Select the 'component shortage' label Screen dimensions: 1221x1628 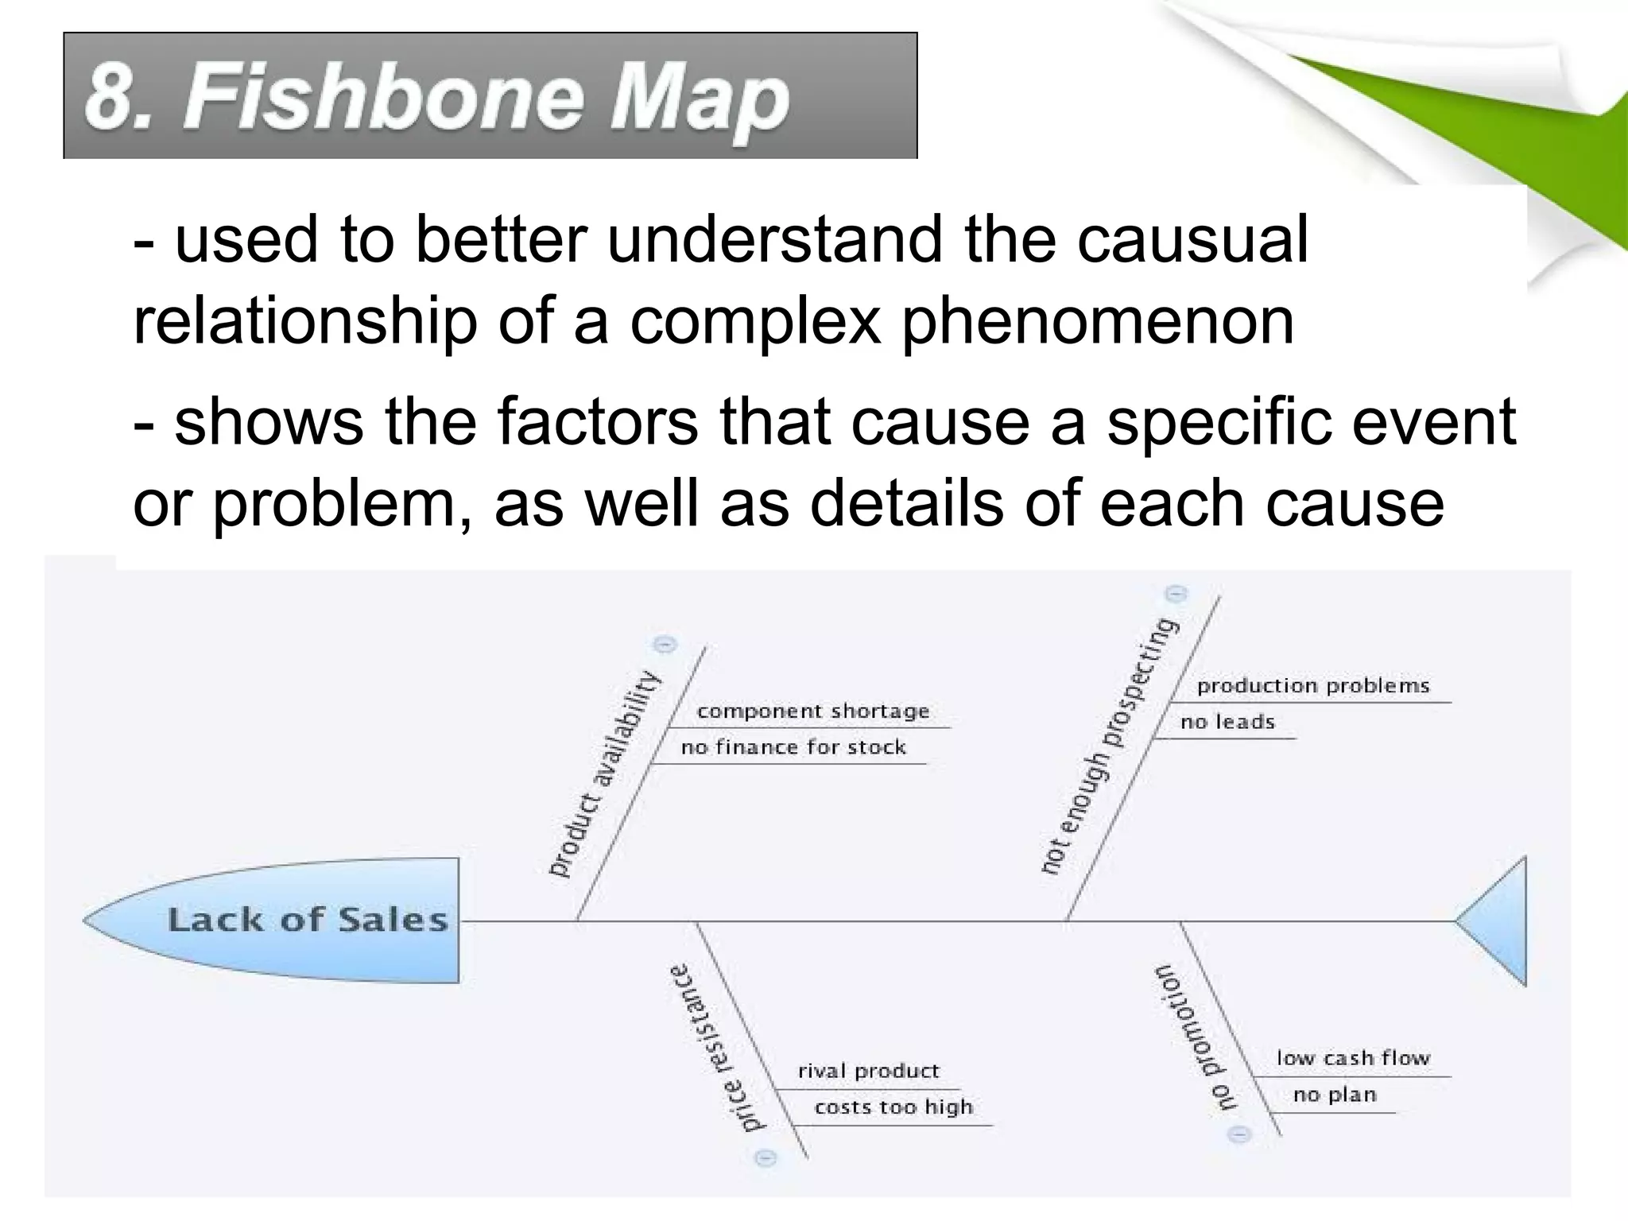click(x=812, y=711)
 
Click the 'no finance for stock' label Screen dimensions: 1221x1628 click(x=793, y=747)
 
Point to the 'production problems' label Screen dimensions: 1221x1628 click(x=1312, y=685)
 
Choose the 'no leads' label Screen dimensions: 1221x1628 click(x=1227, y=722)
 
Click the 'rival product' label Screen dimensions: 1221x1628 click(x=868, y=1071)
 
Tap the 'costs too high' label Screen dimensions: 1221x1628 click(x=893, y=1107)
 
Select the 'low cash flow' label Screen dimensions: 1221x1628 click(x=1353, y=1058)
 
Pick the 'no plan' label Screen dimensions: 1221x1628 click(x=1334, y=1095)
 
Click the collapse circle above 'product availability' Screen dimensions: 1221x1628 click(x=665, y=644)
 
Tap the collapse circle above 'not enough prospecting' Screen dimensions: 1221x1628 click(x=1176, y=594)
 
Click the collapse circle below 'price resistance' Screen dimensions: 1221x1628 click(x=765, y=1158)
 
